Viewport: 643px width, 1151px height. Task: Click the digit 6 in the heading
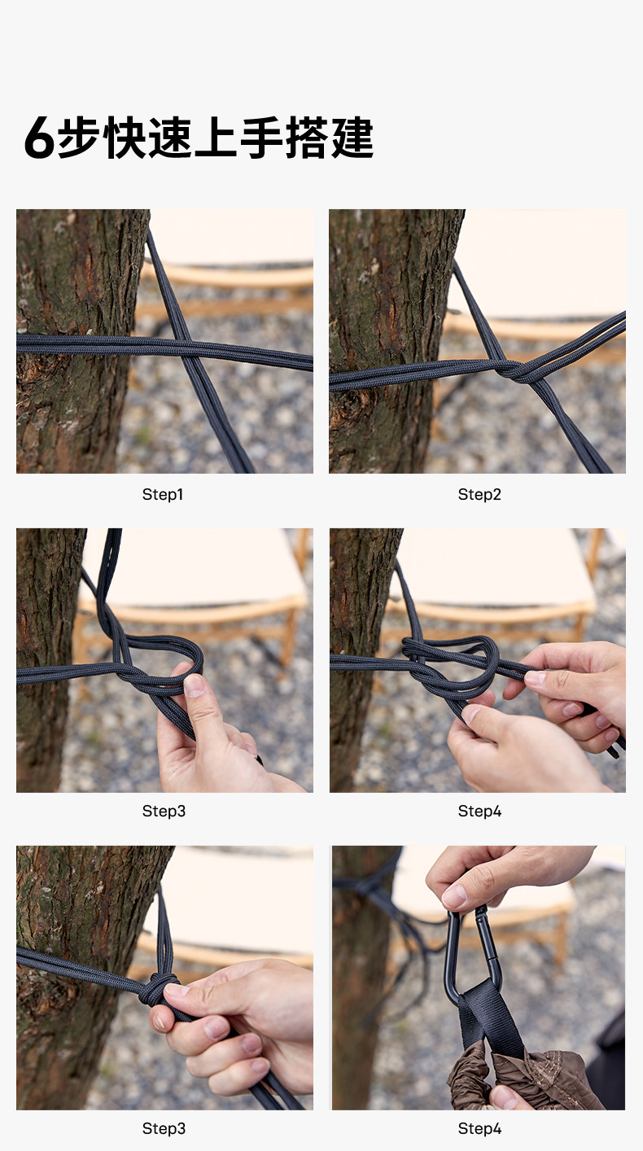tap(39, 138)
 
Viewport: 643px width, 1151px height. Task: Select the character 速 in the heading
tap(170, 138)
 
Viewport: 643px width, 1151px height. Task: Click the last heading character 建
tap(352, 138)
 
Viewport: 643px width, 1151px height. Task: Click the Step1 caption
tap(163, 494)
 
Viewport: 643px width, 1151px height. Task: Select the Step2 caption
tap(479, 494)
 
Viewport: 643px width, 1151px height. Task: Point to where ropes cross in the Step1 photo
tap(186, 350)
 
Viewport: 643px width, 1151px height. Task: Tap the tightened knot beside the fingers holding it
tap(158, 989)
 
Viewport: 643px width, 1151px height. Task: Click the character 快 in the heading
tap(125, 138)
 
